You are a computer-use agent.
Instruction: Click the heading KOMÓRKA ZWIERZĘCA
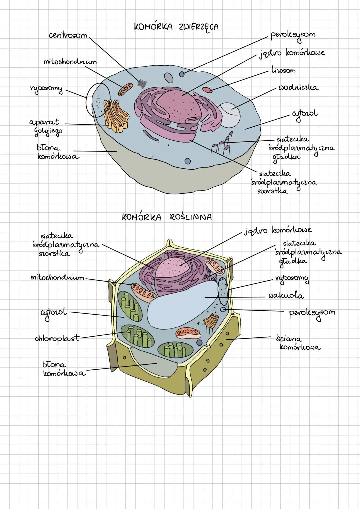coord(176,27)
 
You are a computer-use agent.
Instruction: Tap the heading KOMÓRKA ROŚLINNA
coord(167,217)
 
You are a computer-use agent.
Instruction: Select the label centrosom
coord(68,35)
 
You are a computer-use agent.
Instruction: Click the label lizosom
coord(283,71)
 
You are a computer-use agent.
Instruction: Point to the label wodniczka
coord(298,88)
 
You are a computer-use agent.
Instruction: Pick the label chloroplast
coord(57,338)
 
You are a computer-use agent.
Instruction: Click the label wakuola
coord(286,296)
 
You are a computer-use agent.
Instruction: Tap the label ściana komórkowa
coord(298,343)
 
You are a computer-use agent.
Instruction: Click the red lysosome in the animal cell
coord(207,89)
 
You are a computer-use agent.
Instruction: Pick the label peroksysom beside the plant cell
coord(312,313)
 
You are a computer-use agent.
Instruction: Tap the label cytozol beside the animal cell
coord(304,114)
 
